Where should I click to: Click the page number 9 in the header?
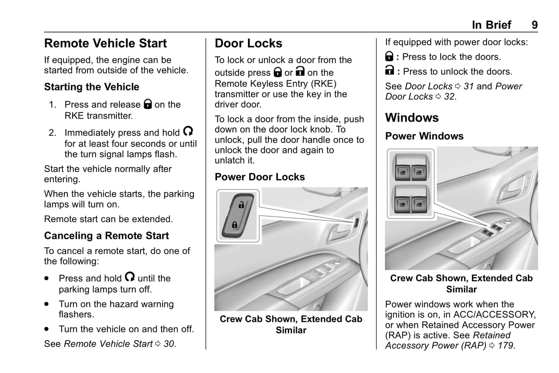pyautogui.click(x=534, y=25)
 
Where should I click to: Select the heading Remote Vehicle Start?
pyautogui.click(x=105, y=43)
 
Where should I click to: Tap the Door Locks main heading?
pyautogui.click(x=248, y=43)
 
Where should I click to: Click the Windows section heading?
pyautogui.click(x=412, y=118)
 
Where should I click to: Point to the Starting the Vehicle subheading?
pyautogui.click(x=91, y=87)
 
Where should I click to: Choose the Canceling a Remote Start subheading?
pyautogui.click(x=106, y=236)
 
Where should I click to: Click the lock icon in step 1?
pyautogui.click(x=147, y=104)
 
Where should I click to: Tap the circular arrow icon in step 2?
pyautogui.click(x=188, y=131)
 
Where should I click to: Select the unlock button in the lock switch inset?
pyautogui.click(x=241, y=205)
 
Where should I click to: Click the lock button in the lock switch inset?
pyautogui.click(x=234, y=224)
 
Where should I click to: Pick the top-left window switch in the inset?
pyautogui.click(x=403, y=172)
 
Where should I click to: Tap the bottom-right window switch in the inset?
pyautogui.click(x=419, y=204)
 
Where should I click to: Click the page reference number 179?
pyautogui.click(x=506, y=346)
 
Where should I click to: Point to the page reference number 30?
pyautogui.click(x=169, y=344)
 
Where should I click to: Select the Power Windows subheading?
pyautogui.click(x=424, y=136)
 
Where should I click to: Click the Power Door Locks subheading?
pyautogui.click(x=260, y=177)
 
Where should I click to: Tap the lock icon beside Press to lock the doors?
pyautogui.click(x=389, y=57)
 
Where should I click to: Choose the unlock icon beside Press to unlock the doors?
pyautogui.click(x=390, y=71)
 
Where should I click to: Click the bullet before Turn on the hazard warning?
pyautogui.click(x=47, y=304)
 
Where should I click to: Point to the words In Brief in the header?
pyautogui.click(x=491, y=25)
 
